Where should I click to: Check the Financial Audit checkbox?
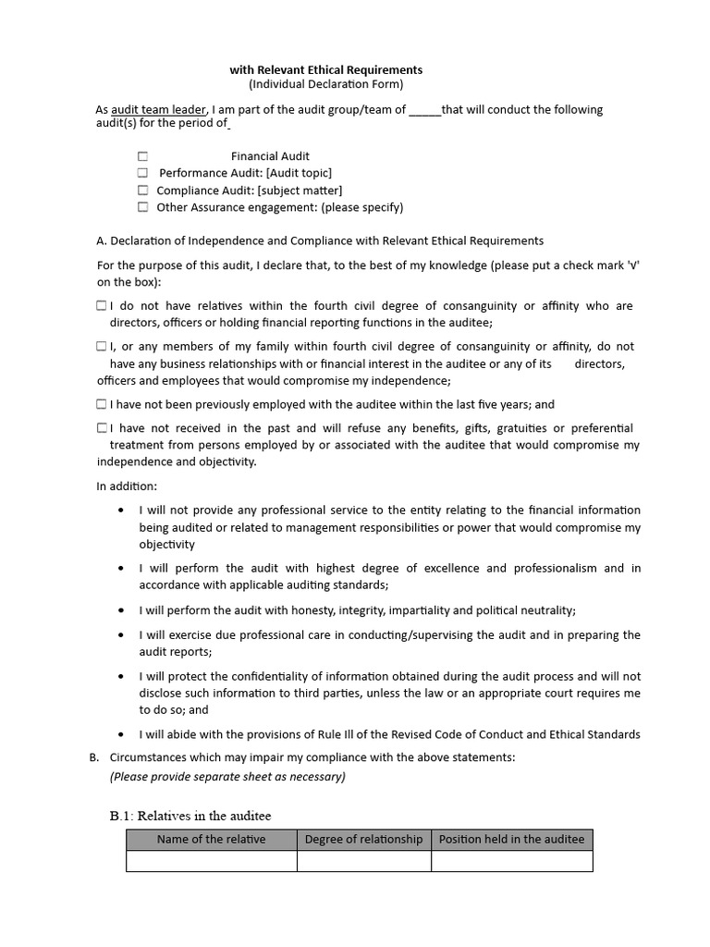point(142,156)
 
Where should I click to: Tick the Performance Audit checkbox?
point(142,173)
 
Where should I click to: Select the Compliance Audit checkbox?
point(142,191)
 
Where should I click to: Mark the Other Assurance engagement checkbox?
point(142,207)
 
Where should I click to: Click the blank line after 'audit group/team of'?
point(424,110)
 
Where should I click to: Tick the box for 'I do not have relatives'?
point(101,305)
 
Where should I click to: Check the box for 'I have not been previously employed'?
point(101,404)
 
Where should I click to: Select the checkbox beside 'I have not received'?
point(101,428)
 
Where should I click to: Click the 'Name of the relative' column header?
point(211,839)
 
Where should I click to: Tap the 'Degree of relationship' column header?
point(363,839)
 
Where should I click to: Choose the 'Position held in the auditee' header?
point(511,839)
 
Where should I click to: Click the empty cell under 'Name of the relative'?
point(211,861)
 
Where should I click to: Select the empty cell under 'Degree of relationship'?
point(363,861)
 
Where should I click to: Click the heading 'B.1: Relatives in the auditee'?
point(190,815)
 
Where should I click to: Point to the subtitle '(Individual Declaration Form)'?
point(326,84)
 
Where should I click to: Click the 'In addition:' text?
point(127,486)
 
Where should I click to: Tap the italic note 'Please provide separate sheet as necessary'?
point(227,777)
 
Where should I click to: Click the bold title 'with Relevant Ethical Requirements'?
point(325,69)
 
